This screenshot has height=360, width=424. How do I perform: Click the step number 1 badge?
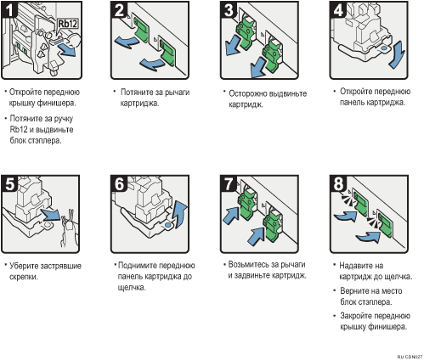(x=9, y=9)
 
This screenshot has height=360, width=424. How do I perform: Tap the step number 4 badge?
(x=338, y=9)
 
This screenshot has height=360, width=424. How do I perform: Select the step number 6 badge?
(x=119, y=183)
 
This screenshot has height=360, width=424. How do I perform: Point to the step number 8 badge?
(x=338, y=183)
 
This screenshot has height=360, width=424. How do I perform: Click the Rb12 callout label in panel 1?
(x=68, y=24)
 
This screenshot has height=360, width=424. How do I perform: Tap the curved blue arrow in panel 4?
(x=397, y=54)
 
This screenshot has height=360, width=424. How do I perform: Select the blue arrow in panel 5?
(x=51, y=214)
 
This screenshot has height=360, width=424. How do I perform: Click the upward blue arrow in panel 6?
(x=181, y=213)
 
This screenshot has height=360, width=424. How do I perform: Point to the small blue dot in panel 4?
(x=384, y=48)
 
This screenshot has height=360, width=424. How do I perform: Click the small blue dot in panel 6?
(x=167, y=225)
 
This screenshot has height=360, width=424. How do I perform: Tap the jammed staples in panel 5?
(x=69, y=228)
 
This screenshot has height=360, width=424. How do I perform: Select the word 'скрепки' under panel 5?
(x=23, y=277)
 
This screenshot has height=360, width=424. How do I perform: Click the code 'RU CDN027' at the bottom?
(x=410, y=357)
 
